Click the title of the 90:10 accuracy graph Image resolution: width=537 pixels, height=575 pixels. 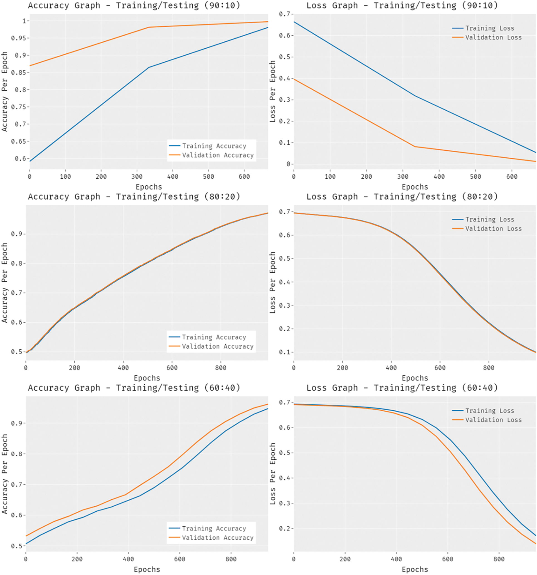click(x=134, y=6)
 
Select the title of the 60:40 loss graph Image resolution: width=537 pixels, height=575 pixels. click(x=402, y=388)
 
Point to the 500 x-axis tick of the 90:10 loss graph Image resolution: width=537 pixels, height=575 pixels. click(x=475, y=176)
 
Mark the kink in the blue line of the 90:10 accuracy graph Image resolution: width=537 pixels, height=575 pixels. click(x=149, y=67)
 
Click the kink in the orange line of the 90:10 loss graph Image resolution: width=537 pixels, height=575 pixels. click(x=415, y=147)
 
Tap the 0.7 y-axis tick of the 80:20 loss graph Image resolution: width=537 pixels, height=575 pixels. click(x=284, y=212)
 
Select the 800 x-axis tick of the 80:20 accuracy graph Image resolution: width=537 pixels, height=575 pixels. click(x=221, y=368)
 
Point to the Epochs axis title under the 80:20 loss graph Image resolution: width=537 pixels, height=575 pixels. click(x=415, y=378)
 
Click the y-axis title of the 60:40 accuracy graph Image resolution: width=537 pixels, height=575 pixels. click(x=5, y=474)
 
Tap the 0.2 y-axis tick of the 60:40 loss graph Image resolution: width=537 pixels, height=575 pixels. click(x=284, y=529)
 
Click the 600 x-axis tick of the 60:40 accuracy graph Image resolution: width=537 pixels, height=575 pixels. click(x=179, y=559)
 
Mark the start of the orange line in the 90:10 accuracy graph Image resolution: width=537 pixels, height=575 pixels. click(x=30, y=66)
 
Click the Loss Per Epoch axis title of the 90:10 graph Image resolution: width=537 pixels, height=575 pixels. click(x=273, y=91)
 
